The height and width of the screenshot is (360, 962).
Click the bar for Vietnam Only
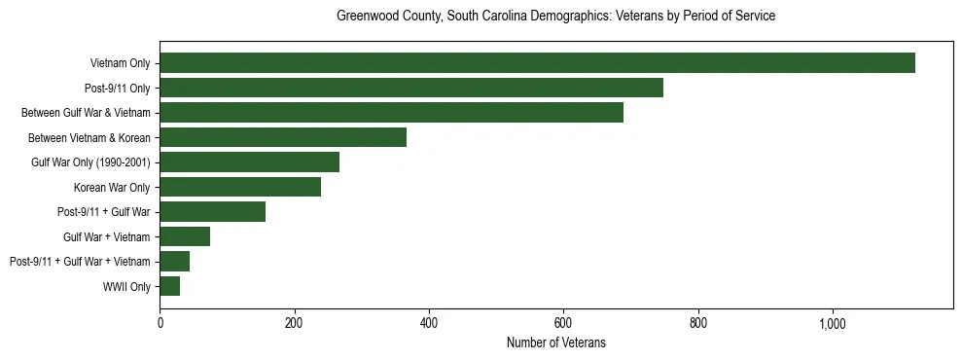[537, 63]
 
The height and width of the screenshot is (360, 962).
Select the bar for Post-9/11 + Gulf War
[212, 212]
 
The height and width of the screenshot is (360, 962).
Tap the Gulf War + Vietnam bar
[185, 236]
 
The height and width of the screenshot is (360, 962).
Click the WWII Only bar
[170, 286]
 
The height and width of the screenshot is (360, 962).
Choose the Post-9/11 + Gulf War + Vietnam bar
[175, 262]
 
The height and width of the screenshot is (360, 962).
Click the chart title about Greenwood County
[555, 17]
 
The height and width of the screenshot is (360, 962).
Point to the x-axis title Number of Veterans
[555, 342]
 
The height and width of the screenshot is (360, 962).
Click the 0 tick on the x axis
[160, 323]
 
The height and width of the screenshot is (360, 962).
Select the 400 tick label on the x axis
[429, 323]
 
